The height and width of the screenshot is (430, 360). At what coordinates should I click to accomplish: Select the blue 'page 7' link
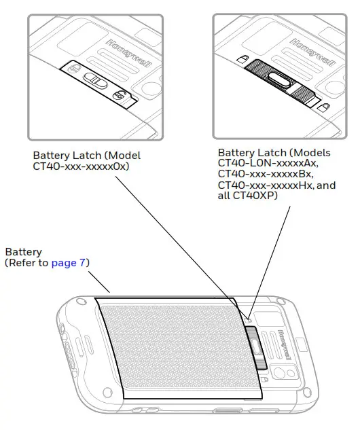pos(69,262)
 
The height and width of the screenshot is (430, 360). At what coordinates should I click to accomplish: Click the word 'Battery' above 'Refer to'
pos(23,252)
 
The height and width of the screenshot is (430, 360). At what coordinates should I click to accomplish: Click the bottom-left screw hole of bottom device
pos(107,393)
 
